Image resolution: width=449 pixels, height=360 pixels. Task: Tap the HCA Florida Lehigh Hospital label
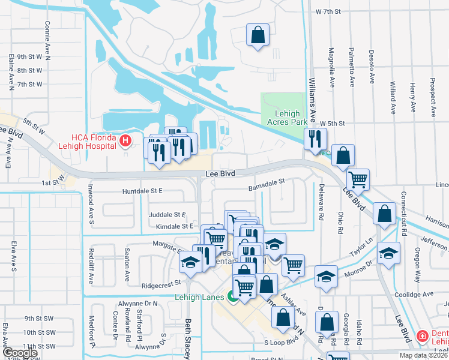point(87,140)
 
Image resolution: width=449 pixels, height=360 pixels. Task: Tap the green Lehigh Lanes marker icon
point(231,296)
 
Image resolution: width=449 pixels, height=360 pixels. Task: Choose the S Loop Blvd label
point(282,341)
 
